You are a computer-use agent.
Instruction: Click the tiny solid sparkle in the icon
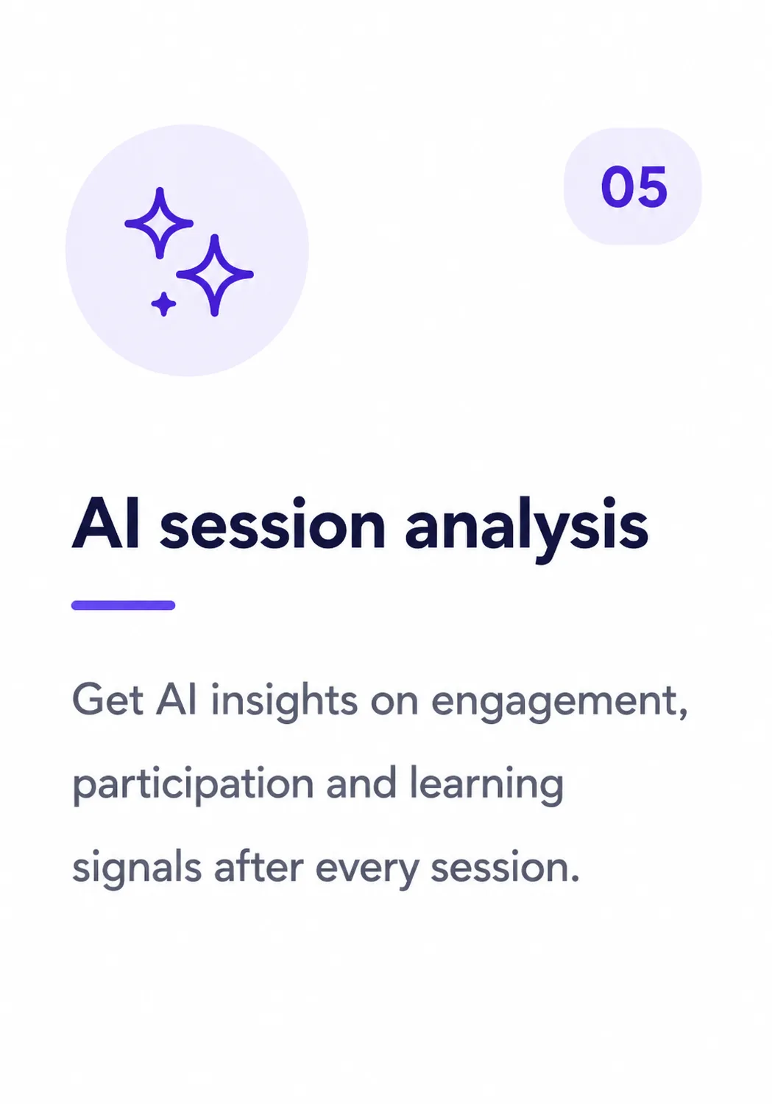[163, 303]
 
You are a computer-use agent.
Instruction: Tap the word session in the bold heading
[272, 524]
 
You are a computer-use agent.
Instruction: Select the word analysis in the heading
[526, 527]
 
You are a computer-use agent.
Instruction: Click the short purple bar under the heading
[123, 605]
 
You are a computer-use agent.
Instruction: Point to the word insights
[284, 701]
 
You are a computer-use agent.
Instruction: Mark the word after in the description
[258, 866]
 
